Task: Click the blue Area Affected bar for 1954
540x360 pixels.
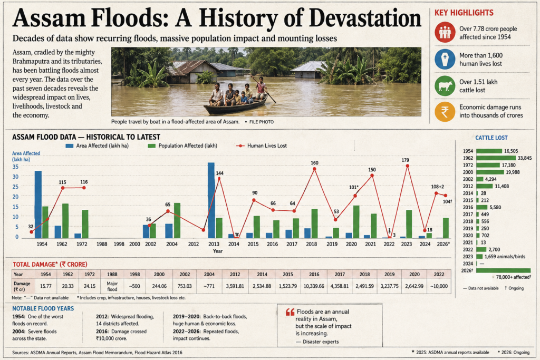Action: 38,205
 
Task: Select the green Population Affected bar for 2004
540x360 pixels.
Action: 177,220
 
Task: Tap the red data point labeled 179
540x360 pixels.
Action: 408,166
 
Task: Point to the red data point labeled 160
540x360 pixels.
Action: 314,169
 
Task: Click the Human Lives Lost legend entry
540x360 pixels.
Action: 262,145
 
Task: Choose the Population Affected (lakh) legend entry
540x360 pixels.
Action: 182,145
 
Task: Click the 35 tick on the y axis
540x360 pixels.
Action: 15,167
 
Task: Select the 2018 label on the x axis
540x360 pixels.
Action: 311,244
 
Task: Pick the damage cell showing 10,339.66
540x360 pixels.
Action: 314,286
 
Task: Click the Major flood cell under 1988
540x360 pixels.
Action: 112,286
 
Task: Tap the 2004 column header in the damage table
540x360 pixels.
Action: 209,274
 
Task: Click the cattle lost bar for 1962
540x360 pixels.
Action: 496,158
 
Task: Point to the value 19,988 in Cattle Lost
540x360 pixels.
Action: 513,172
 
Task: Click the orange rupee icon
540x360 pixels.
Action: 445,112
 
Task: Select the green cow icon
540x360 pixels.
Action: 445,86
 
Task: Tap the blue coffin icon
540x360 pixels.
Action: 445,59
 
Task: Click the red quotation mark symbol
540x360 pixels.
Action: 290,312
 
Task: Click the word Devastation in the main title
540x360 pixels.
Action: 365,18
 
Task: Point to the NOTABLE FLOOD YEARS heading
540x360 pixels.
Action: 43,308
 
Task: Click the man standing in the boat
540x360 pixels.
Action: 262,88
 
